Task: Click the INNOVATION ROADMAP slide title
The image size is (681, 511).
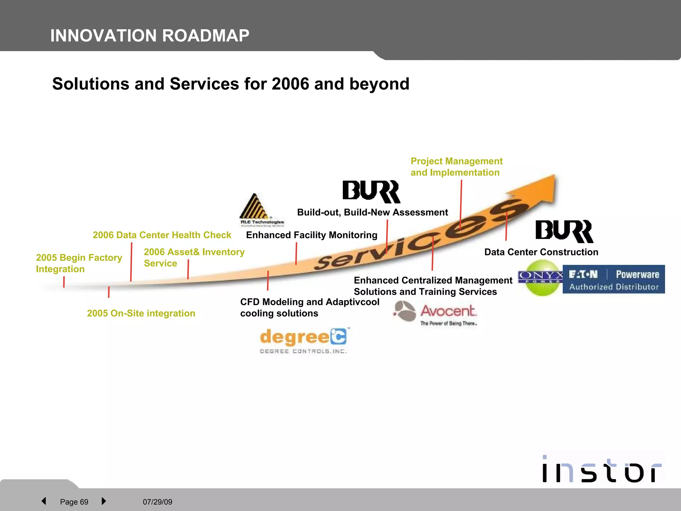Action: (x=150, y=36)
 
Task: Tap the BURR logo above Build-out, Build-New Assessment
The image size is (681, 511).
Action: (x=371, y=192)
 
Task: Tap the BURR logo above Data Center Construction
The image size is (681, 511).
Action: (x=564, y=231)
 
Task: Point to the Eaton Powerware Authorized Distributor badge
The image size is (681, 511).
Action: (x=613, y=279)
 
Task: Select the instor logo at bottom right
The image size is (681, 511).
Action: (x=602, y=469)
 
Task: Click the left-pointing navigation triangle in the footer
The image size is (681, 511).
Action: (x=44, y=501)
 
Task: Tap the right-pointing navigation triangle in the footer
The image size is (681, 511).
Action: (x=104, y=501)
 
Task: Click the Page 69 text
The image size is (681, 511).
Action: (x=74, y=502)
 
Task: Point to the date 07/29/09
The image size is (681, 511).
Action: (x=158, y=502)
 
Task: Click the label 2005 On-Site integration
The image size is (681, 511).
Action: (x=141, y=313)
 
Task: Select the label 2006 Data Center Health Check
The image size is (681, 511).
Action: (x=162, y=235)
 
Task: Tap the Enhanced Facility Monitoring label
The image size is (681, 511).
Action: (x=312, y=235)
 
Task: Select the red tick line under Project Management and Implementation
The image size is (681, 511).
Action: (x=461, y=205)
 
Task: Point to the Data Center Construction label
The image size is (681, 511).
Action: (x=541, y=252)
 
